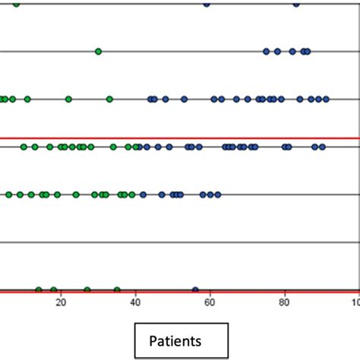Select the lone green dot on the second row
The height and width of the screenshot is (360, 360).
click(99, 52)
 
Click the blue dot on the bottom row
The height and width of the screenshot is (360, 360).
click(195, 289)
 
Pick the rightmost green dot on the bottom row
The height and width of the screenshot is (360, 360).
click(117, 289)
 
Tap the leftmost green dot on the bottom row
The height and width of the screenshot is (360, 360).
click(39, 289)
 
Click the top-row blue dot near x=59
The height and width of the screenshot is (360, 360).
click(207, 4)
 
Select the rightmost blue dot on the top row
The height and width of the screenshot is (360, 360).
click(296, 4)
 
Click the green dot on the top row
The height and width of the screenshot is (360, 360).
click(17, 4)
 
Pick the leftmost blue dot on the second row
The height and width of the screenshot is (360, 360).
click(267, 52)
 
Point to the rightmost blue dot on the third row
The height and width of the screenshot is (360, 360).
click(327, 99)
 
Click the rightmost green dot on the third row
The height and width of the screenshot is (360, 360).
click(109, 99)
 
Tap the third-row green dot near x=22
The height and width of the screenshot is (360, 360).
click(68, 99)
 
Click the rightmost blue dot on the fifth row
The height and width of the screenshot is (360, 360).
click(218, 194)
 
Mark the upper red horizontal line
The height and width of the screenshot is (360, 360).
click(180, 138)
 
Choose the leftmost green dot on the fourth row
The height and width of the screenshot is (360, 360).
click(24, 147)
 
